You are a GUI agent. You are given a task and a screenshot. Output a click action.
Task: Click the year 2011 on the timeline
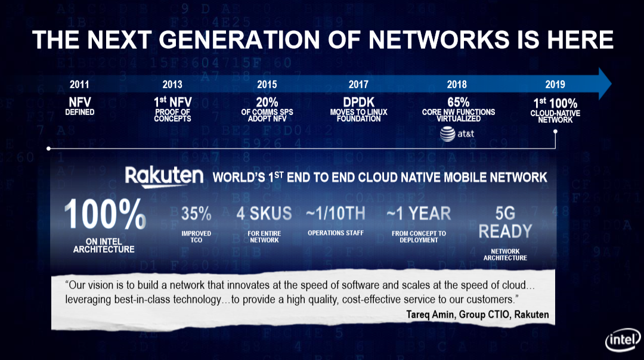(x=79, y=85)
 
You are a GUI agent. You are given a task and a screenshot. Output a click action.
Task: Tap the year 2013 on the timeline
(x=172, y=85)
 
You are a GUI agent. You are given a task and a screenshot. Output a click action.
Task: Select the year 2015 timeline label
(x=267, y=85)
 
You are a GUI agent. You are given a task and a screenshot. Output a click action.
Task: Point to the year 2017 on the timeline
(x=358, y=85)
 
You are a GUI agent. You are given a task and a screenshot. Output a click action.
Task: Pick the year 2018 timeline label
(x=457, y=85)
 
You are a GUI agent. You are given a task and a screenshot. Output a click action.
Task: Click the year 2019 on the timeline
(x=555, y=85)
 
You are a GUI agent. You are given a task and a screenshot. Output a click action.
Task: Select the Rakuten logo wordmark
(x=164, y=176)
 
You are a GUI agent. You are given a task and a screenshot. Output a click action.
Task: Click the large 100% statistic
(x=104, y=215)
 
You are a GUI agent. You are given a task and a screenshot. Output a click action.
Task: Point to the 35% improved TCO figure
(x=196, y=213)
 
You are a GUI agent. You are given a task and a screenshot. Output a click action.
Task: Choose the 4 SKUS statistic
(x=264, y=213)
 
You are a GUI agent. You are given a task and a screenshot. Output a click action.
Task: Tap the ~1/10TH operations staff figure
(x=335, y=213)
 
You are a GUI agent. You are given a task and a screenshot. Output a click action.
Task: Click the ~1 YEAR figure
(x=419, y=213)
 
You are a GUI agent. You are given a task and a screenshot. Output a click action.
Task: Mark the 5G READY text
(x=505, y=222)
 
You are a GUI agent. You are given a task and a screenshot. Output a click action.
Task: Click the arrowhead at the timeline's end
(x=603, y=83)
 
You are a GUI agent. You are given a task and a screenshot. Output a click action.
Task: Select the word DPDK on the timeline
(x=358, y=103)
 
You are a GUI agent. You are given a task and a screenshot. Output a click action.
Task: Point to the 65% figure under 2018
(x=458, y=103)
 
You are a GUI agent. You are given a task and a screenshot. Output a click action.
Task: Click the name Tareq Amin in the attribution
(x=435, y=314)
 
